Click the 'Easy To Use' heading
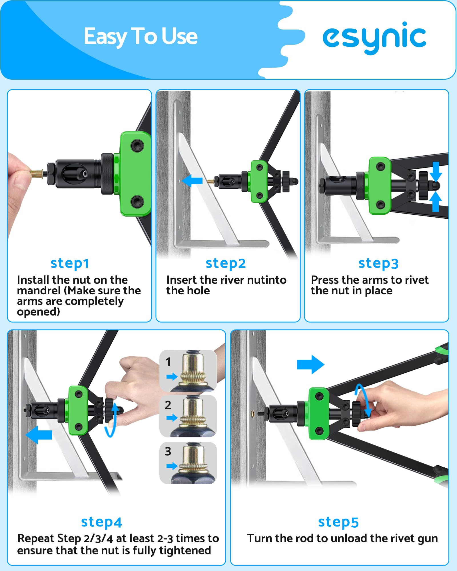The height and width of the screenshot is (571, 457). [141, 37]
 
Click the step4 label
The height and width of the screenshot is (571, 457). [102, 522]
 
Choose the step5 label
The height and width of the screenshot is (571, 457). [338, 522]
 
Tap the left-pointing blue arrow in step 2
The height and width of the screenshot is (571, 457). [192, 181]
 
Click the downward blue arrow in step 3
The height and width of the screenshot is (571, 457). [436, 172]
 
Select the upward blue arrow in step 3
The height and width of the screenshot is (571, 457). [436, 202]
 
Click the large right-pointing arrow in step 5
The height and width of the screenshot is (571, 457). [311, 365]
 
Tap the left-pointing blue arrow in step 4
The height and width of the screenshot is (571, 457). [39, 435]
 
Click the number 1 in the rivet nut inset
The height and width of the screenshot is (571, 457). [168, 362]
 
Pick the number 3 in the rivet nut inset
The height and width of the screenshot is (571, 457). [168, 451]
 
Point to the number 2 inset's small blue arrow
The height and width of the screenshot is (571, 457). [172, 418]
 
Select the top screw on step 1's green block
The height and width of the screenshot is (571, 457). [137, 146]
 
